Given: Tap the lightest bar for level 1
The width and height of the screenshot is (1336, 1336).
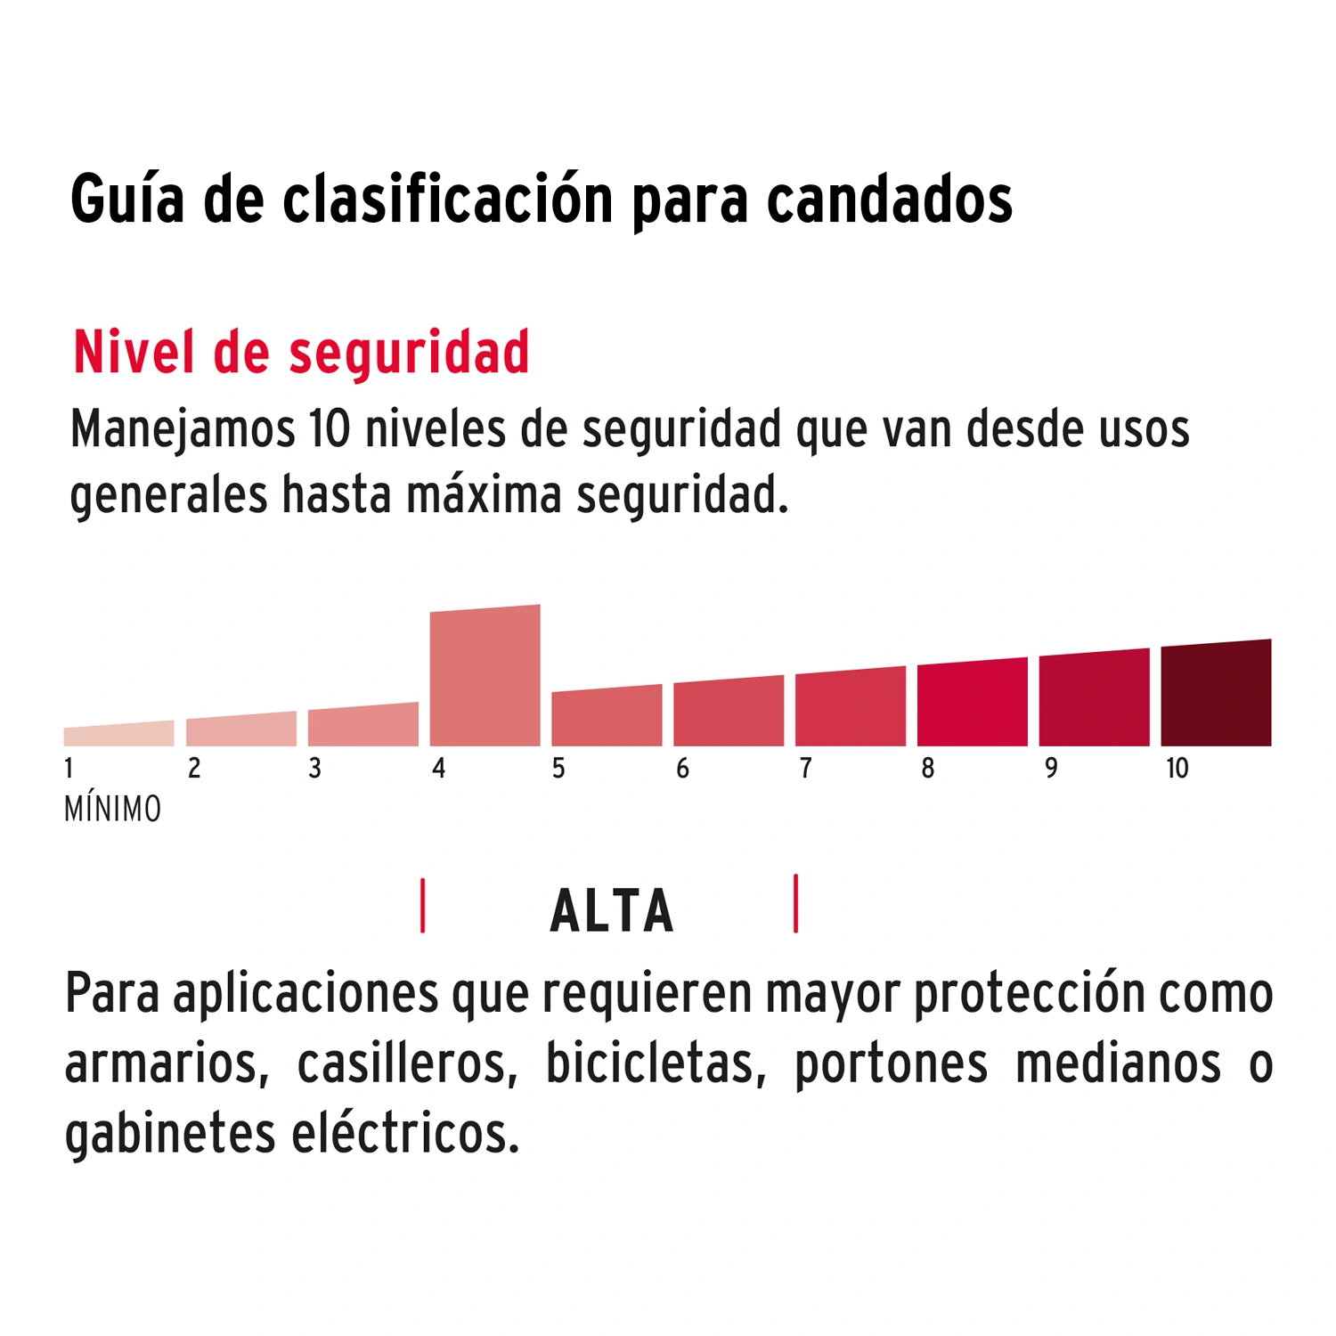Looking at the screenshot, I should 118,735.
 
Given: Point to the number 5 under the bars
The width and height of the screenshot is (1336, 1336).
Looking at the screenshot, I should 558,769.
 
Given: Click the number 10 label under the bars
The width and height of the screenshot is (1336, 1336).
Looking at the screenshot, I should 1177,769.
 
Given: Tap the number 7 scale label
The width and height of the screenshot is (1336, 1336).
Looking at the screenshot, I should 805,769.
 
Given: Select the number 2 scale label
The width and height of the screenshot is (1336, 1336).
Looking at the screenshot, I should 194,769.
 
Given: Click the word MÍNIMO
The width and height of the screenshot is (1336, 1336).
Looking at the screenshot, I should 113,810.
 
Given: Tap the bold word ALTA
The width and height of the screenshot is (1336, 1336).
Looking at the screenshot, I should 612,911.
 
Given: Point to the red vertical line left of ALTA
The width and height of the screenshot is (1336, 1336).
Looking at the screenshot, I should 423,906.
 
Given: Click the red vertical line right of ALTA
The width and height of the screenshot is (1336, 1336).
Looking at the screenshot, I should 795,904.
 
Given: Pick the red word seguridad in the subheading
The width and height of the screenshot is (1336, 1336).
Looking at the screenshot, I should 409,354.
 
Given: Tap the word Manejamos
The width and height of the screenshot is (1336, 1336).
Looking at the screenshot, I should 183,430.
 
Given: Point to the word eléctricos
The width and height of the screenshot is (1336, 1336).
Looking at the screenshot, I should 405,1134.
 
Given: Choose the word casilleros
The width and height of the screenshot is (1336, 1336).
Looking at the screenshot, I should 407,1063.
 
